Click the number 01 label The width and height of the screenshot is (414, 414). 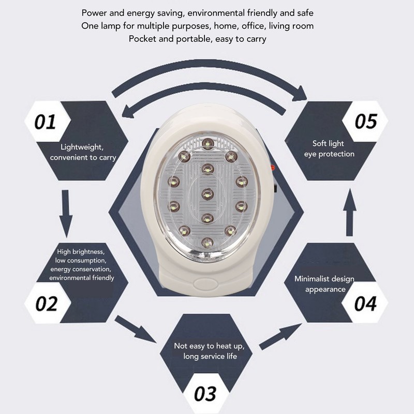click(x=45, y=123)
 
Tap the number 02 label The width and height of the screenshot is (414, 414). click(x=46, y=303)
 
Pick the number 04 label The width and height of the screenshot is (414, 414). click(x=365, y=303)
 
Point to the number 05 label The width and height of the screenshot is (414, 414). click(x=365, y=122)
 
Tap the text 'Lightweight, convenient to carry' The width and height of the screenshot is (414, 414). click(x=83, y=152)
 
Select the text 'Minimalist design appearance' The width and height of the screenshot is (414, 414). click(x=324, y=284)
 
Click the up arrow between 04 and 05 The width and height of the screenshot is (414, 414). click(x=350, y=212)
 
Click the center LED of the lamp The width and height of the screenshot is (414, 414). click(x=208, y=194)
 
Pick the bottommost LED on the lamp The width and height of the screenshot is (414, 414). click(x=207, y=242)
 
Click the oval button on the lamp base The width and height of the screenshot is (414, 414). click(x=207, y=284)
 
